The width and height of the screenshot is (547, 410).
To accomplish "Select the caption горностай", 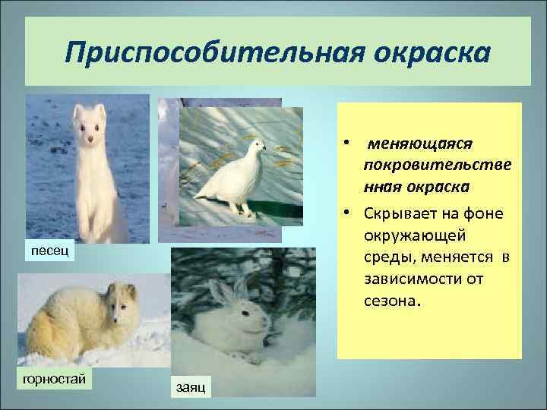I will point(53,377).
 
